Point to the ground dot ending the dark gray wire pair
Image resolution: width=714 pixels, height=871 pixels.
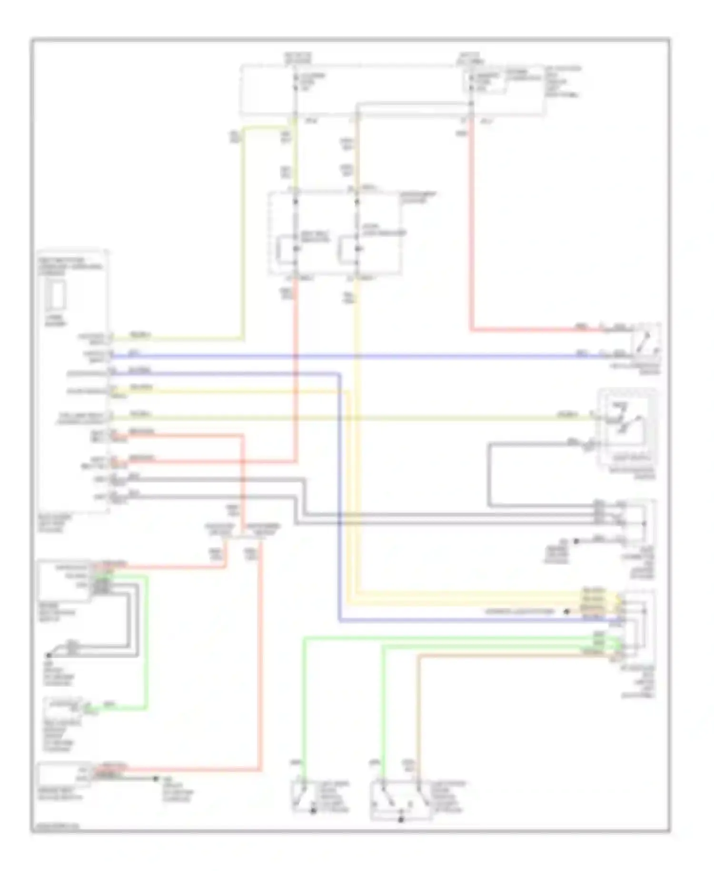49,655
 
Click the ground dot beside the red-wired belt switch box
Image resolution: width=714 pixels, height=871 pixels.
155,779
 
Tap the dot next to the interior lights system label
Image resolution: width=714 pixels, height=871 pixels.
566,611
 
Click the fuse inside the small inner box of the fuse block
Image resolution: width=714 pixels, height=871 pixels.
471,82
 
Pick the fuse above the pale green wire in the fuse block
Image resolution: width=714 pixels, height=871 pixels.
295,82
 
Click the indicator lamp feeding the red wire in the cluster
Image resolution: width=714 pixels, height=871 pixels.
296,249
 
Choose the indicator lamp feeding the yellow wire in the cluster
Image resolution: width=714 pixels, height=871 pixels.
357,249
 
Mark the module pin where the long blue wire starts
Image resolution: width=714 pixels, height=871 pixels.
110,355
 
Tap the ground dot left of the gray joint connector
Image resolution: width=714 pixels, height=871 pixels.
576,541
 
